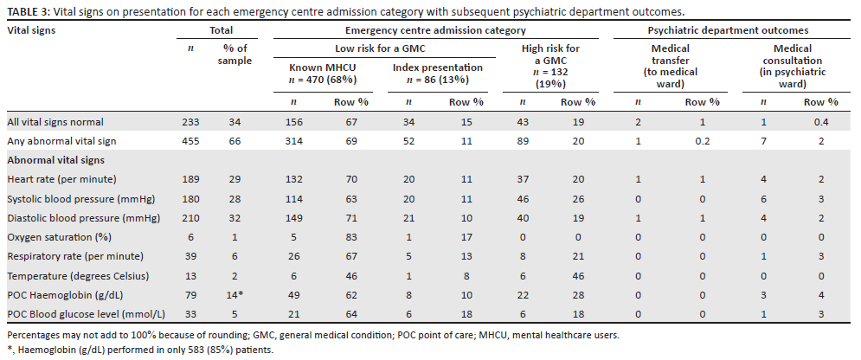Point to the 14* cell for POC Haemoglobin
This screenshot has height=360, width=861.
(x=235, y=296)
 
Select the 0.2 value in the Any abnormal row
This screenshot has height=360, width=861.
(x=697, y=140)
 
